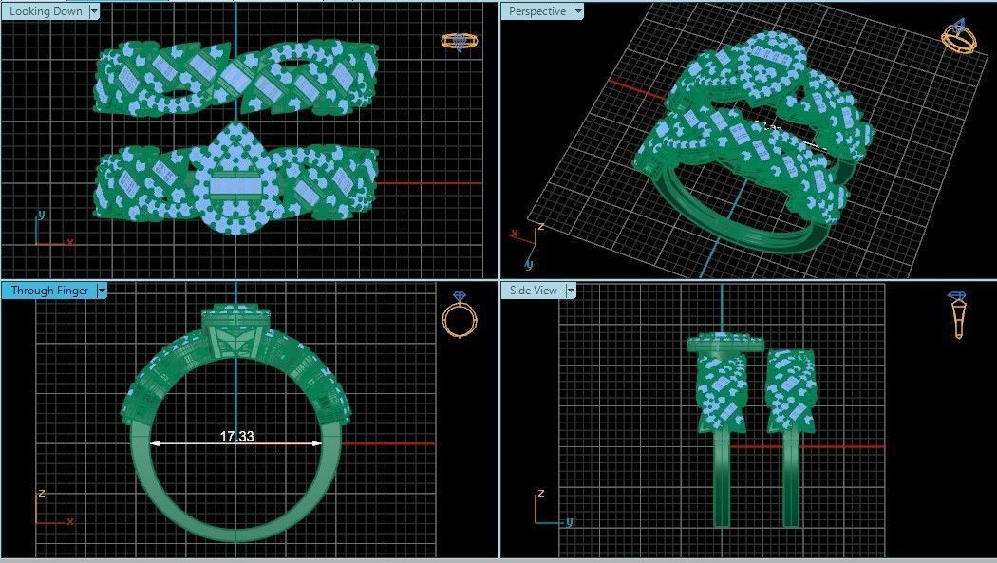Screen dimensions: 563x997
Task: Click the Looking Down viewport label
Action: click(45, 11)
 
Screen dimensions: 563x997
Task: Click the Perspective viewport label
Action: click(537, 11)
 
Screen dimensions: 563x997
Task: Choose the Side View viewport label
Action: click(533, 291)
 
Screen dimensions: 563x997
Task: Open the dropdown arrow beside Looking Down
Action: click(94, 11)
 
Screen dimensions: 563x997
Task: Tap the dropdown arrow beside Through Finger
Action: click(102, 291)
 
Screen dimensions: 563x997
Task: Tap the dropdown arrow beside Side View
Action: click(572, 291)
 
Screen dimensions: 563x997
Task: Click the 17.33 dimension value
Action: click(236, 437)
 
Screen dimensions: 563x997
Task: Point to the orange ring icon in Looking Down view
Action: click(460, 41)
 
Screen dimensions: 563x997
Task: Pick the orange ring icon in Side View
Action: click(958, 316)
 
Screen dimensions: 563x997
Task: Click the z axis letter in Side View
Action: click(540, 494)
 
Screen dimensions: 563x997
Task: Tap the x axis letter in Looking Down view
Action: click(69, 242)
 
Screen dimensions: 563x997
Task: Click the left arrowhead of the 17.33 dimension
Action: click(155, 443)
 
